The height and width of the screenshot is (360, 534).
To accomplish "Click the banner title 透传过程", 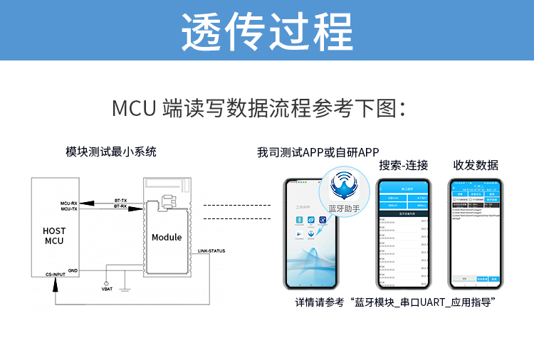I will pyautogui.click(x=267, y=31).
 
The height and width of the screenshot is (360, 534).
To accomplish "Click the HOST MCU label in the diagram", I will pyautogui.click(x=54, y=235).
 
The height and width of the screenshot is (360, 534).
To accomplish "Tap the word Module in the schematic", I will pyautogui.click(x=167, y=237).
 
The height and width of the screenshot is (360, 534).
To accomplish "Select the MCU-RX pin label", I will pyautogui.click(x=69, y=203).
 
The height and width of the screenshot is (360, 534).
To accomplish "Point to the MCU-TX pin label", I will pyautogui.click(x=69, y=209).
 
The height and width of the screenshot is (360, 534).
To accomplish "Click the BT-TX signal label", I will pyautogui.click(x=121, y=201).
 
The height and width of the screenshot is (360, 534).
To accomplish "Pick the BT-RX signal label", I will pyautogui.click(x=121, y=206).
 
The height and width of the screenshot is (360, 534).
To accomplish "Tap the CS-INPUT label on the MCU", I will pyautogui.click(x=60, y=274).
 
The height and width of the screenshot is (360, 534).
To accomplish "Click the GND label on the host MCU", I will pyautogui.click(x=72, y=270).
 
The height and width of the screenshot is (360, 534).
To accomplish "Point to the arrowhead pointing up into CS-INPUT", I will pyautogui.click(x=54, y=281).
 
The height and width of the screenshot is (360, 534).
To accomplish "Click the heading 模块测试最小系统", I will pyautogui.click(x=111, y=152).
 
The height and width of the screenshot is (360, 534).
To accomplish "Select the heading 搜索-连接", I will pyautogui.click(x=404, y=165).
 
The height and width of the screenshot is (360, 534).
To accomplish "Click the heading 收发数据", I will pyautogui.click(x=476, y=165).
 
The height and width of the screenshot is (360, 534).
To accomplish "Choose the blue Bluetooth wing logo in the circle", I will pyautogui.click(x=345, y=186).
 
